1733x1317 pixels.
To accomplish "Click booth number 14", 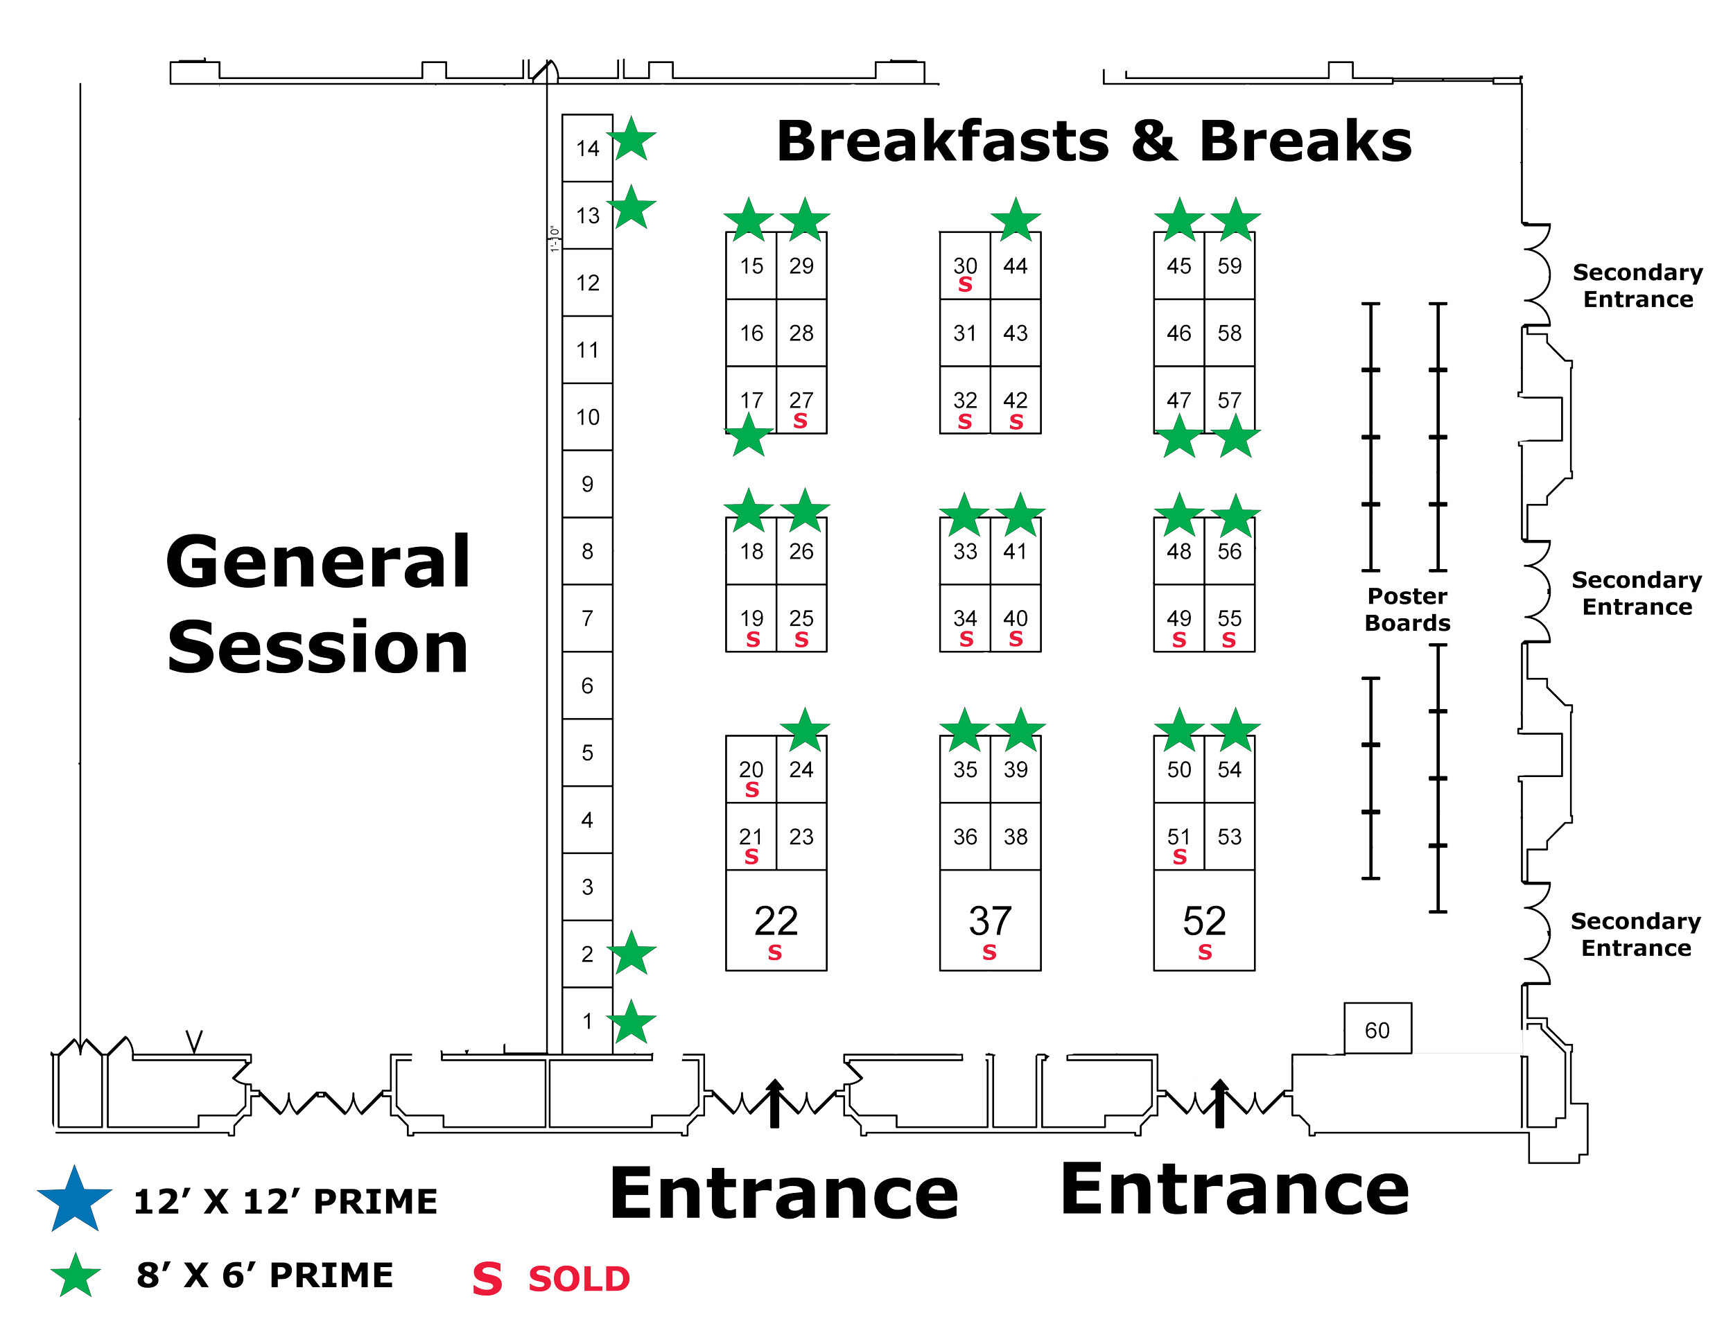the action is [x=588, y=149].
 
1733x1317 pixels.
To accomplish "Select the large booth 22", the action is [x=775, y=921].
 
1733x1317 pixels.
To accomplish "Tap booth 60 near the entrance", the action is [x=1378, y=1029].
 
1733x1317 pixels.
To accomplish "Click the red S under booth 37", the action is [x=990, y=952].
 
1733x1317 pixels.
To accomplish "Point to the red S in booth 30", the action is [x=965, y=286].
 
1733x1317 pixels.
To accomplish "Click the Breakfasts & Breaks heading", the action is [x=1094, y=142].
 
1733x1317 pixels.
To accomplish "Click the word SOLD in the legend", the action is [x=578, y=1279].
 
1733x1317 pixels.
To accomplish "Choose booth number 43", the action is [x=1016, y=333].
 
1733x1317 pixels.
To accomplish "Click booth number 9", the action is [x=588, y=485].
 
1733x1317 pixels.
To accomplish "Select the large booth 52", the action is [x=1204, y=921].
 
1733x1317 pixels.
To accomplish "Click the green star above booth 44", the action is [x=1016, y=219].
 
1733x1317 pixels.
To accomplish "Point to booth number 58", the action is [x=1230, y=333].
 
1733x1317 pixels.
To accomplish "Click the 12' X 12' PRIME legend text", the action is [x=286, y=1201].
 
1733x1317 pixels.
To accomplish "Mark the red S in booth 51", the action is [x=1180, y=857].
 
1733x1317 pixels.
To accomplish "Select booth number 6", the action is [x=588, y=687].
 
